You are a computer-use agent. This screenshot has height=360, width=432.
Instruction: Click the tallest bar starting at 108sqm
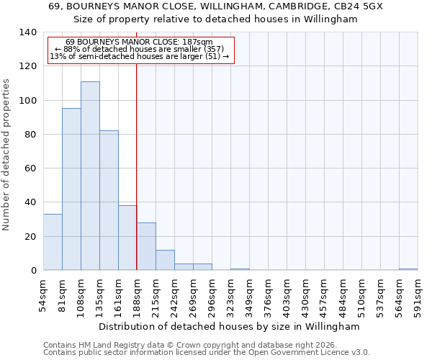[90, 176]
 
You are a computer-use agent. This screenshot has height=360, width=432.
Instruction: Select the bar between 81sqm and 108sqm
[71, 189]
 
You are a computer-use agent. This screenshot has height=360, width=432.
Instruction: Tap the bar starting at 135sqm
[109, 200]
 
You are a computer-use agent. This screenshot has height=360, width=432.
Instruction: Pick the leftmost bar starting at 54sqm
[53, 242]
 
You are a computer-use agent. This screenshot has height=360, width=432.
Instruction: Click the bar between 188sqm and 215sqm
[146, 246]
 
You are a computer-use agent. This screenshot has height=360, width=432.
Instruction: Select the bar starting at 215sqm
[165, 260]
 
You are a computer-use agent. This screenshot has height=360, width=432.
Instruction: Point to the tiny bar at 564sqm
[408, 269]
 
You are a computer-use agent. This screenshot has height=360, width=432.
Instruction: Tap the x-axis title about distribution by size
[229, 326]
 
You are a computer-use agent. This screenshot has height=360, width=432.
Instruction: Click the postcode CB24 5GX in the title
[356, 6]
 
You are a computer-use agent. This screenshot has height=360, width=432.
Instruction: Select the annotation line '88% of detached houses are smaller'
[140, 50]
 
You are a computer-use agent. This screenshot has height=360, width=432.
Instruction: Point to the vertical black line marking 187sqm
[137, 166]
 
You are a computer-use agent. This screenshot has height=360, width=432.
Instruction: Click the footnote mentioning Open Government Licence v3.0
[207, 353]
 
